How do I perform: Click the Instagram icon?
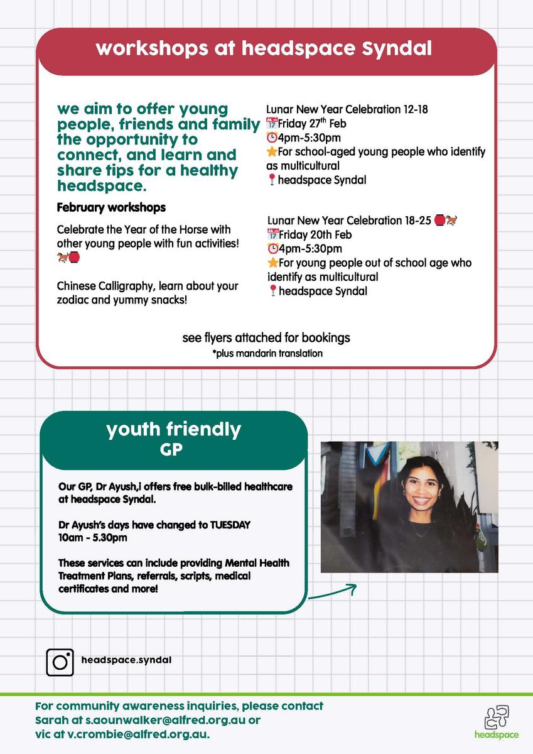(x=60, y=662)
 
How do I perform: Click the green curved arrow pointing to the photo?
(x=333, y=593)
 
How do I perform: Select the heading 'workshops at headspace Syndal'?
(x=264, y=49)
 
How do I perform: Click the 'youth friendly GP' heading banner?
(x=173, y=439)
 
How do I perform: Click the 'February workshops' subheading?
(x=111, y=207)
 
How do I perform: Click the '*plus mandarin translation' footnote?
(x=267, y=353)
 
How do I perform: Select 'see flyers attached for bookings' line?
(x=266, y=338)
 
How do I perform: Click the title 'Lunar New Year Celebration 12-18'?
(x=347, y=109)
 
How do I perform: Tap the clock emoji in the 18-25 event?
(x=272, y=249)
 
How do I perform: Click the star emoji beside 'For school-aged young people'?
(x=272, y=152)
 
